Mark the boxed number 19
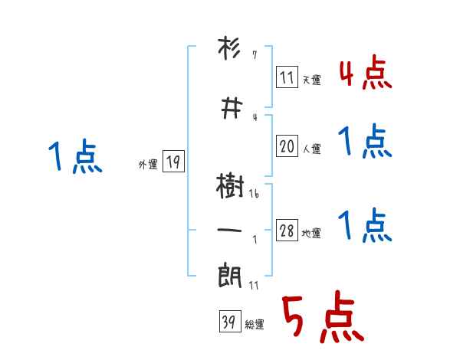[x=173, y=162]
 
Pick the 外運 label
[x=148, y=164]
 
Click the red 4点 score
[x=365, y=73]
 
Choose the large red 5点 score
[x=322, y=318]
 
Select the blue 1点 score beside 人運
[x=365, y=141]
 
